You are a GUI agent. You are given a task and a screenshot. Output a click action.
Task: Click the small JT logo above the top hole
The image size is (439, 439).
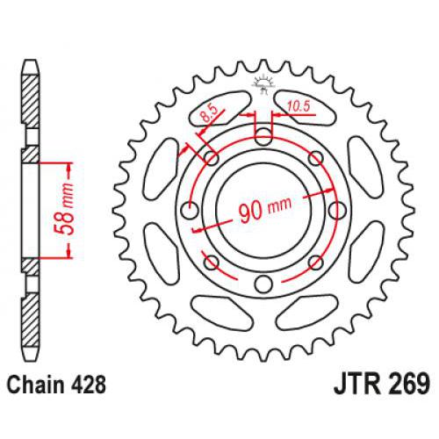tap(263, 86)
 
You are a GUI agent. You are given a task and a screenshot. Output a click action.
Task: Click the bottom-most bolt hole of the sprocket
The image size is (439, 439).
tap(263, 284)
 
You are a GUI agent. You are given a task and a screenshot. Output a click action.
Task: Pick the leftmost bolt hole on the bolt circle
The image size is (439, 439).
tap(189, 210)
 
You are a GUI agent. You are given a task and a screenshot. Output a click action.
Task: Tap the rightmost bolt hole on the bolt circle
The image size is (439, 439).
tap(336, 210)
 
